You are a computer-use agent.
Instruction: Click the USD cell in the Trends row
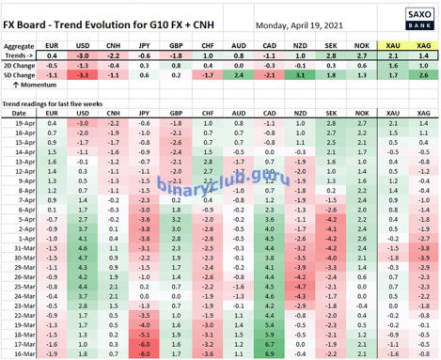tap(83, 56)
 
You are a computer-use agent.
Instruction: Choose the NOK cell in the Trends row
tap(360, 56)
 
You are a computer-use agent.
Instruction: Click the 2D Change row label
tap(20, 67)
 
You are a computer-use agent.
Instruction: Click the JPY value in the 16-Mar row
tap(144, 354)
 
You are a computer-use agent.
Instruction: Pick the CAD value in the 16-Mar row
tap(268, 354)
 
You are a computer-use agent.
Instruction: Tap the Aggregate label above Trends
tap(20, 45)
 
